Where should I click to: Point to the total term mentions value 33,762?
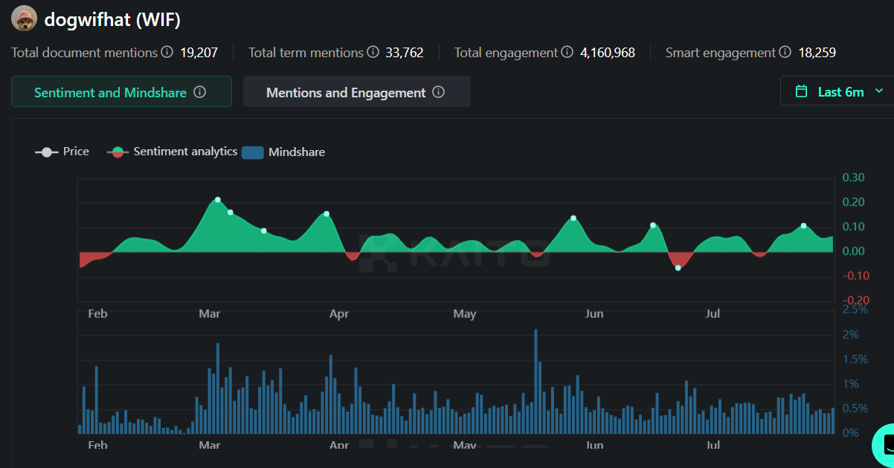404,53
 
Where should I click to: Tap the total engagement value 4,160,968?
607,53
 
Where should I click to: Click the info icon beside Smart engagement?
785,53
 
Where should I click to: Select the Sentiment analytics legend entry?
173,152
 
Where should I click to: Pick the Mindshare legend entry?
284,152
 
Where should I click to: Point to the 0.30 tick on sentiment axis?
853,178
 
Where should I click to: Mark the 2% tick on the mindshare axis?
850,334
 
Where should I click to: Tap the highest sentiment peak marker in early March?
218,200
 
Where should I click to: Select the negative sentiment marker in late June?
678,267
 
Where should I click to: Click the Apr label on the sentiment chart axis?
339,313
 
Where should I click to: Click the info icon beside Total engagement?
567,53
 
